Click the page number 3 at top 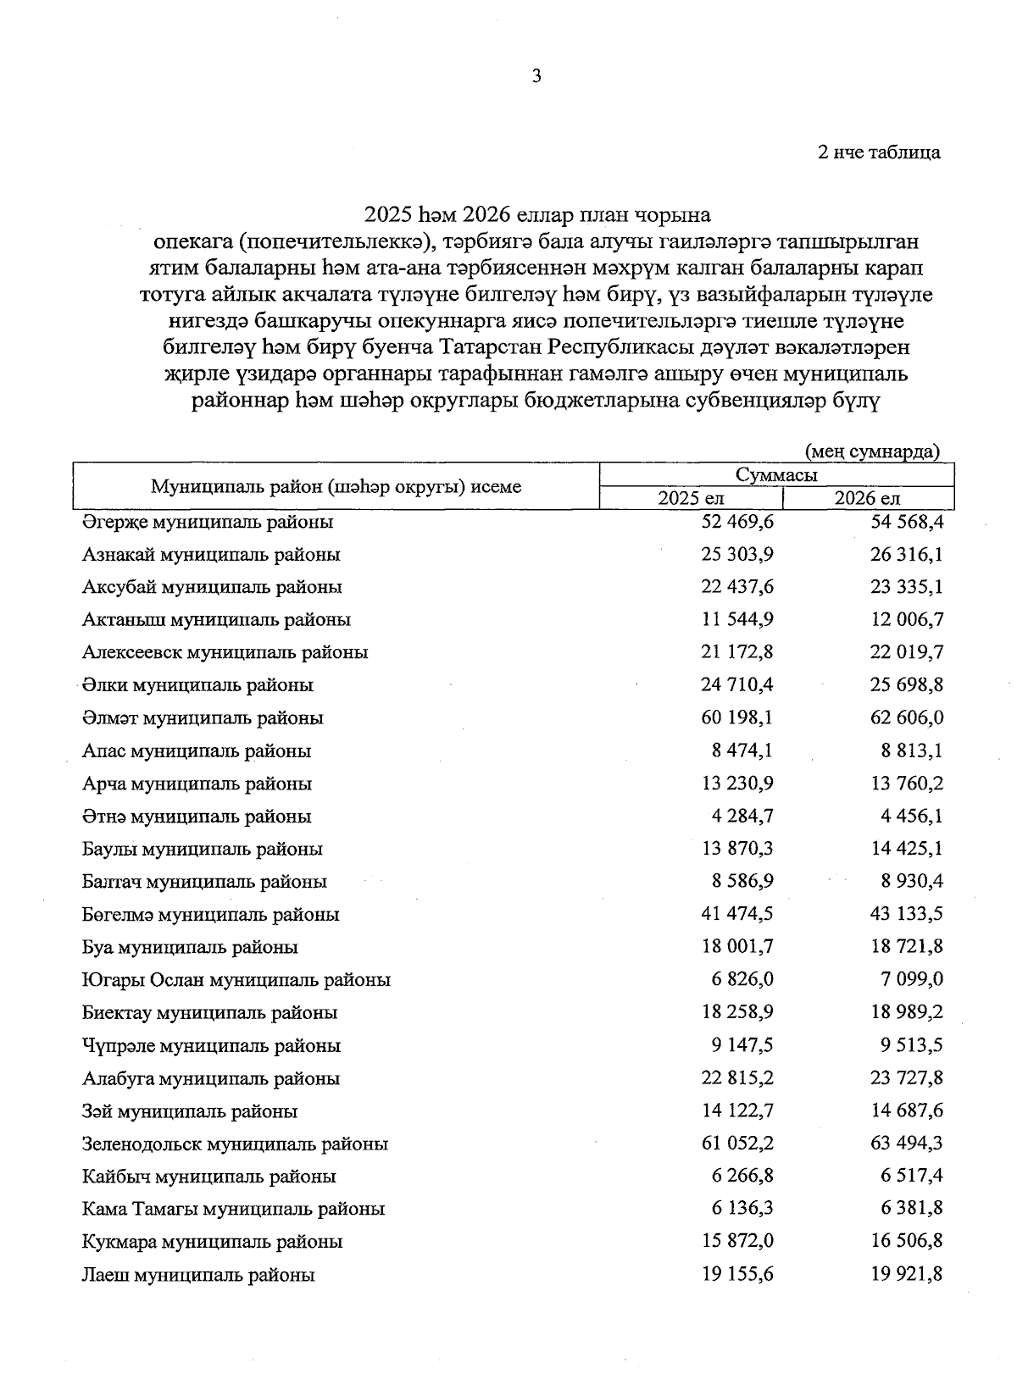(x=536, y=76)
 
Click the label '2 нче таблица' (x=879, y=152)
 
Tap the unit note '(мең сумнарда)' (x=872, y=451)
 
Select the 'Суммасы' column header (x=776, y=474)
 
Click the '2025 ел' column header (x=691, y=498)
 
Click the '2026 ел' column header (x=867, y=498)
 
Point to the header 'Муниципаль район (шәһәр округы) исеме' (x=336, y=486)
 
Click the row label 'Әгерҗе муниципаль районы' (x=208, y=522)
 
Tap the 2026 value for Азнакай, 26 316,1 (x=907, y=554)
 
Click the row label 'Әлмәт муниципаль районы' (x=203, y=718)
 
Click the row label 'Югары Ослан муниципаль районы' (x=236, y=980)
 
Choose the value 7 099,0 (x=912, y=979)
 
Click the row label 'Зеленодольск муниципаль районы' (x=236, y=1144)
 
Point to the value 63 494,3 (x=907, y=1143)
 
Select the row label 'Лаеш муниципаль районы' (x=198, y=1275)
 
